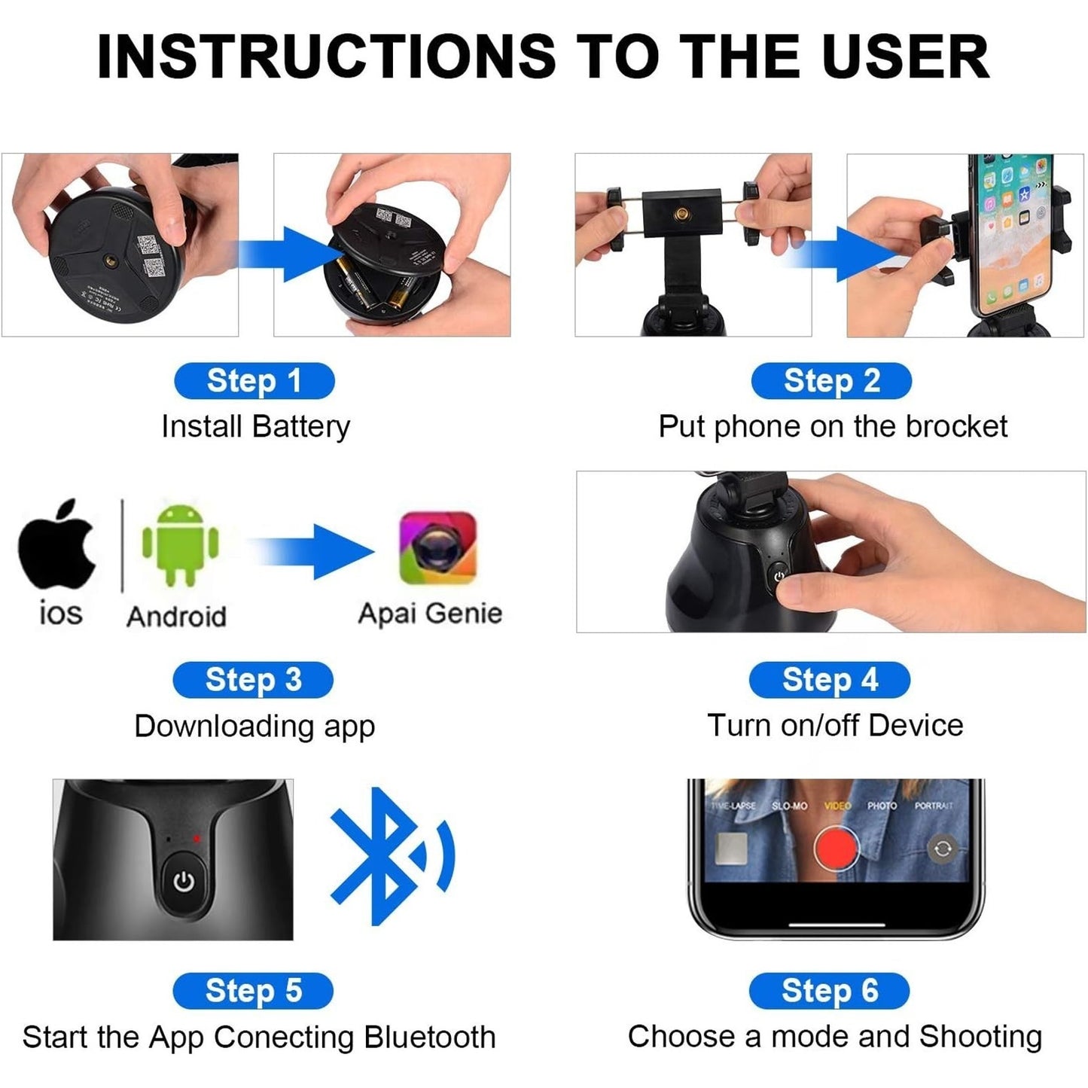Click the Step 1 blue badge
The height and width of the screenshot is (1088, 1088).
254,381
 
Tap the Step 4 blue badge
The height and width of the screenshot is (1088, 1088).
829,680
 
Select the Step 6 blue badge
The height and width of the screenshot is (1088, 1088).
829,990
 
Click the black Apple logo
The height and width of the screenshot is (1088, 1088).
58,543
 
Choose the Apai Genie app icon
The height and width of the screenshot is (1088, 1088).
437,548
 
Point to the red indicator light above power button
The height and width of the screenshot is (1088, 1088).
197,838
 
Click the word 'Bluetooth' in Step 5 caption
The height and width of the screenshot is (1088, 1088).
429,1037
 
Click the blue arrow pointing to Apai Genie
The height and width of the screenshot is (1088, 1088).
316,552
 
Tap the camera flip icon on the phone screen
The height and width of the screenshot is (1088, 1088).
942,849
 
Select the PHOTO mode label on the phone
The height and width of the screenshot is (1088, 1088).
882,806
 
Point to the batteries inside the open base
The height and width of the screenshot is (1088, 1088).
373,290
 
